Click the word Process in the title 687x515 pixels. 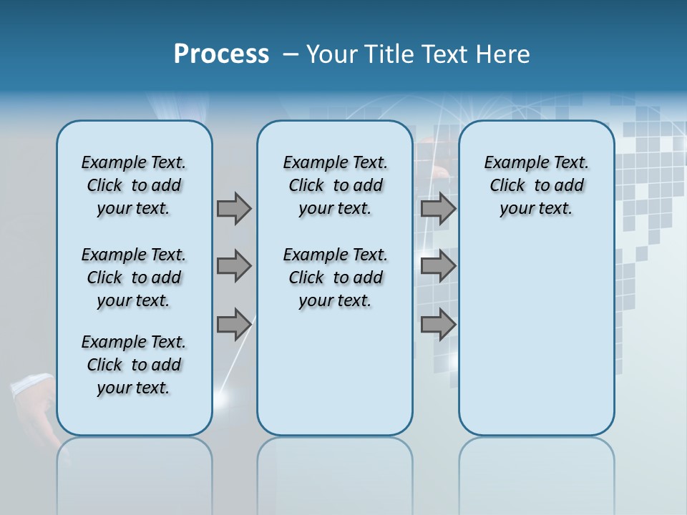tap(221, 54)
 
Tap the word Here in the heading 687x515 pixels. tap(504, 54)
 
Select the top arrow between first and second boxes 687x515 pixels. tap(234, 208)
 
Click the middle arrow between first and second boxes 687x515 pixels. tap(234, 266)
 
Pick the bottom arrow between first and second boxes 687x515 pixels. tap(234, 325)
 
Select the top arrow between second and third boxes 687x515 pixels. tap(438, 208)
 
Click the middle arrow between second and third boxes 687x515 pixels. tap(438, 266)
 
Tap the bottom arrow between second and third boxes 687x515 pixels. tap(438, 325)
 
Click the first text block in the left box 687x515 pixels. tap(134, 185)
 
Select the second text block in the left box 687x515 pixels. tap(134, 278)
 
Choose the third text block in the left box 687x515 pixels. tap(134, 365)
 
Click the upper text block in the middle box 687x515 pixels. tap(335, 185)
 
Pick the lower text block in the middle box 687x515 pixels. tap(335, 278)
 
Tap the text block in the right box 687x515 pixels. tap(536, 185)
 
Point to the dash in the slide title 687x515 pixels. tap(291, 54)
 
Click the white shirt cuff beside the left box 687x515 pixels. tap(31, 387)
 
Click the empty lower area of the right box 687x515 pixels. tap(536, 336)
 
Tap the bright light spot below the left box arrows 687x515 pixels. tap(228, 396)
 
